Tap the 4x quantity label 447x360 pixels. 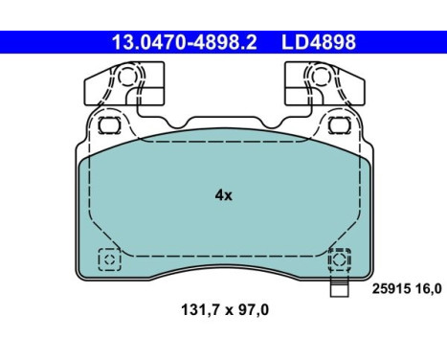click(x=223, y=194)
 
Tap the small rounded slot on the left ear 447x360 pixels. click(x=107, y=125)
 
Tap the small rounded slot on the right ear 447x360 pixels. click(x=337, y=125)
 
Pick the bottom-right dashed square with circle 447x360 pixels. click(x=339, y=259)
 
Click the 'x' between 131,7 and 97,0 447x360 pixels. click(x=226, y=310)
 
